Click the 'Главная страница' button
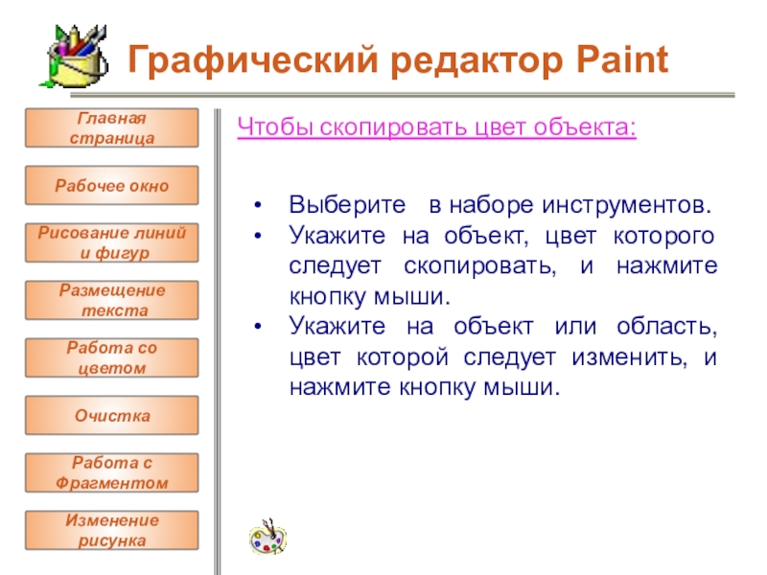click(x=112, y=128)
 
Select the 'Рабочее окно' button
click(x=112, y=185)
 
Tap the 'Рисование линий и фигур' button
click(x=112, y=243)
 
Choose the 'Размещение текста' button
click(x=112, y=300)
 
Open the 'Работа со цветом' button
click(x=112, y=357)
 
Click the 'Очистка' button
click(x=112, y=416)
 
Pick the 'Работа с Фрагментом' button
click(x=112, y=472)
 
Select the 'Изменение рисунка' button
click(x=112, y=531)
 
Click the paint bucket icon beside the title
click(x=75, y=57)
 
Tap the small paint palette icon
click(x=267, y=538)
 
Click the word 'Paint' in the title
click(x=621, y=59)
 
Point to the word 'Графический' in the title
click(x=253, y=60)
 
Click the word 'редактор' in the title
click(x=476, y=61)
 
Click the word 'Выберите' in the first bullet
click(x=347, y=205)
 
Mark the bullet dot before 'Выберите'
click(x=258, y=205)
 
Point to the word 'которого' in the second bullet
click(x=663, y=236)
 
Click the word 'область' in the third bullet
click(x=666, y=326)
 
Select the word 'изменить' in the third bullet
click(x=629, y=357)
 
